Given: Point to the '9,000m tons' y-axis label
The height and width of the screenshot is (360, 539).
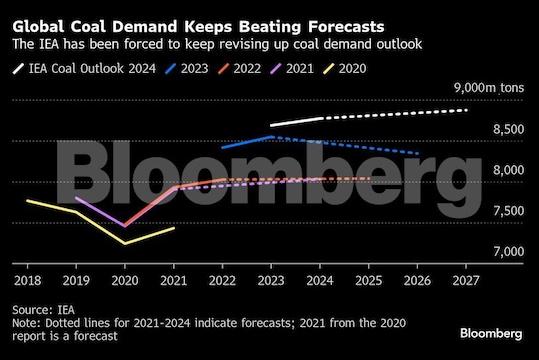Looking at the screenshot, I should [x=488, y=88].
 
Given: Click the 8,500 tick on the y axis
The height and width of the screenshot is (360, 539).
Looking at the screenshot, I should [x=508, y=129].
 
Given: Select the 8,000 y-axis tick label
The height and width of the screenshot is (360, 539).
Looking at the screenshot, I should [x=508, y=170].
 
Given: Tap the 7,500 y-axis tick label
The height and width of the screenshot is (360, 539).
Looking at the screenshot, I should [x=508, y=210].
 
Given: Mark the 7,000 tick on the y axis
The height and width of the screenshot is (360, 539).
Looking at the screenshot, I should [x=508, y=251].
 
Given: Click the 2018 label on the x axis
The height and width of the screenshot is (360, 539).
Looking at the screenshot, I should [x=27, y=281].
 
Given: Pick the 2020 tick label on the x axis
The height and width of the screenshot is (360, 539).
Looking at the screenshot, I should [x=125, y=281].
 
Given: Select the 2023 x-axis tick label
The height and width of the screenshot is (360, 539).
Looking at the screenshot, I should [x=272, y=281].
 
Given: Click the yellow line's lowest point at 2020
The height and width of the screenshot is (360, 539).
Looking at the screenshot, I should [x=125, y=243].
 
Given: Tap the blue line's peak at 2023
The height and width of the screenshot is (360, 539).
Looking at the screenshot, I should [x=272, y=137].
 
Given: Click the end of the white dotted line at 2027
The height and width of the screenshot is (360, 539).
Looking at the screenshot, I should [x=467, y=110].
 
